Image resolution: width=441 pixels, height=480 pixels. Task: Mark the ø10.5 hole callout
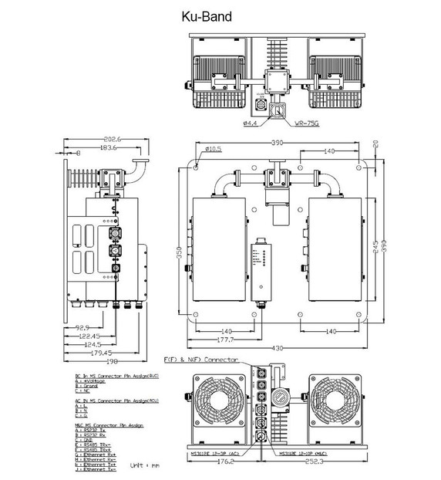[214, 148]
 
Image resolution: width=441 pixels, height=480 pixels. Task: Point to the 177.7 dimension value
[224, 339]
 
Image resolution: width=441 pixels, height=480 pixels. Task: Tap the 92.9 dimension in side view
[82, 328]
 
